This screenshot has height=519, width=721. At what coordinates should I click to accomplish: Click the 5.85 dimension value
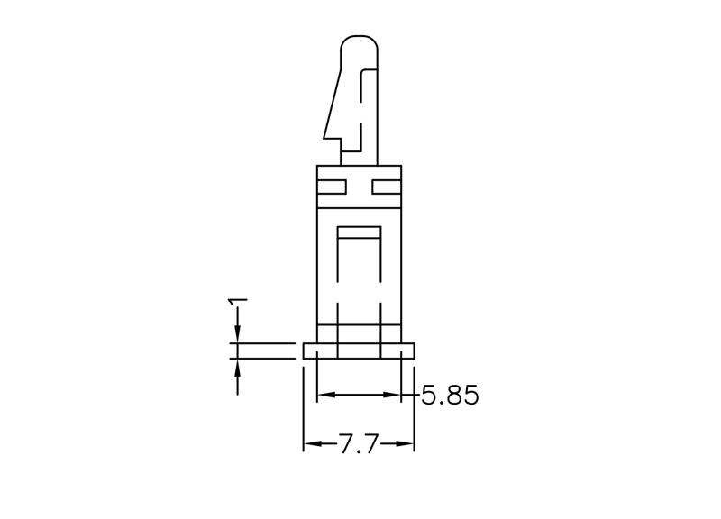tap(450, 395)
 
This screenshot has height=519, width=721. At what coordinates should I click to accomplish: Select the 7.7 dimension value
tap(359, 443)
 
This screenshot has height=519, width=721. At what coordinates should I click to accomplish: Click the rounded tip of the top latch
tap(359, 37)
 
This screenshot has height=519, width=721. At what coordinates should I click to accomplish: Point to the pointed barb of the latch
tap(324, 137)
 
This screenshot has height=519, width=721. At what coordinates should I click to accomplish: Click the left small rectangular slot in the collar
tap(332, 187)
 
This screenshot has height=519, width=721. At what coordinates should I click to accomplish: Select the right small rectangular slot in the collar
tap(387, 187)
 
